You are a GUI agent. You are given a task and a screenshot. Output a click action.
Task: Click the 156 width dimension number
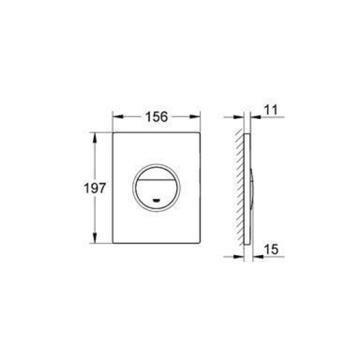[x=156, y=116]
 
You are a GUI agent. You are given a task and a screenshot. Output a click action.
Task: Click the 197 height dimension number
[x=95, y=188]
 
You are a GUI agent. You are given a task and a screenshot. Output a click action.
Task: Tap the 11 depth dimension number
[x=271, y=110]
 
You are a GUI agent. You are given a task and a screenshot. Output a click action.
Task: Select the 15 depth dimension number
[x=271, y=249]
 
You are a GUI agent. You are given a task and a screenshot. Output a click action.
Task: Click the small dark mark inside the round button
[x=156, y=200]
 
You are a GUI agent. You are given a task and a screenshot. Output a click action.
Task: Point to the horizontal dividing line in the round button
[x=156, y=180]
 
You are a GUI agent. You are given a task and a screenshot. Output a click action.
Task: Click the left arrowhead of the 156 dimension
[x=118, y=116]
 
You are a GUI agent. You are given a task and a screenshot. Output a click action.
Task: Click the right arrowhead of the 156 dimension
[x=195, y=116]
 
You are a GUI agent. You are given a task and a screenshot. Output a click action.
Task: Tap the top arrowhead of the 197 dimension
[x=95, y=138]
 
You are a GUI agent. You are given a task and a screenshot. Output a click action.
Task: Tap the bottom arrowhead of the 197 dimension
[x=95, y=238]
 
